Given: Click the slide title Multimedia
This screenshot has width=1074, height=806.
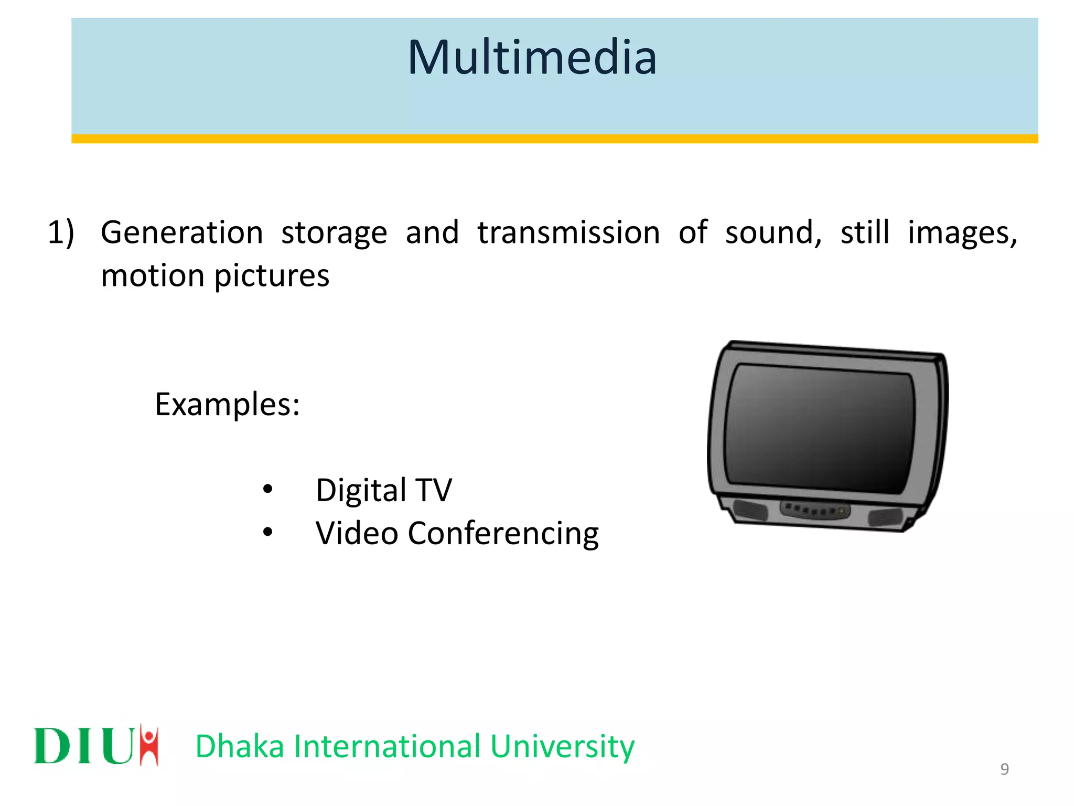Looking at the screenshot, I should [532, 58].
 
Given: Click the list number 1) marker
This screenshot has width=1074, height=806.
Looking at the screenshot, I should [61, 232].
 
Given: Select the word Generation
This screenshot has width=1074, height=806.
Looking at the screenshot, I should [182, 232].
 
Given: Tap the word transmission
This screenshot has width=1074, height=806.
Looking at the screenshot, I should [568, 232].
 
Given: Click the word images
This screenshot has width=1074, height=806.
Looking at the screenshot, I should [961, 232].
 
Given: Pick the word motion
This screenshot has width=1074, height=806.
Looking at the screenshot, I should [152, 275].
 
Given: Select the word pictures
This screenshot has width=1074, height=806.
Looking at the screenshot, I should [272, 277].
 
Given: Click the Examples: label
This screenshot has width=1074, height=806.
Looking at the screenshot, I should [227, 405].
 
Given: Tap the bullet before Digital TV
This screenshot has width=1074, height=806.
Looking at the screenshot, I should [268, 489].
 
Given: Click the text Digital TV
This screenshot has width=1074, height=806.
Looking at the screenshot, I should [383, 490].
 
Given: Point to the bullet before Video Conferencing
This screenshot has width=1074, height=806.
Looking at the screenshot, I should [268, 532].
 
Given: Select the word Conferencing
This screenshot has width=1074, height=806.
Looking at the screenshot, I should [503, 534].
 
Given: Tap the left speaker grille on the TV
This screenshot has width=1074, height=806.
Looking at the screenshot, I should [750, 510].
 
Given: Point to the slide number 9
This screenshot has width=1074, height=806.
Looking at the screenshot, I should [1004, 769].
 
